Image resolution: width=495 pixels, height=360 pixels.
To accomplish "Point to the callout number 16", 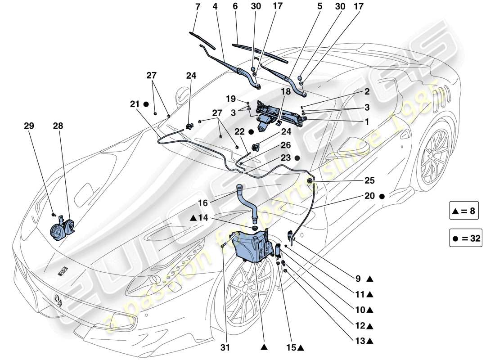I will pyautogui.click(x=204, y=203).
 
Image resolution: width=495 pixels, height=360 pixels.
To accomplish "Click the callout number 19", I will pyautogui.click(x=230, y=99).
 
